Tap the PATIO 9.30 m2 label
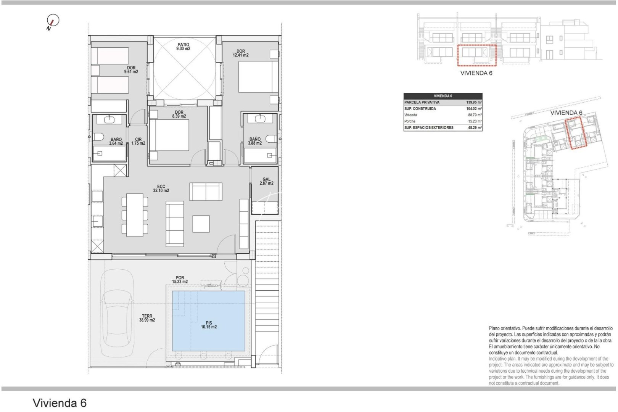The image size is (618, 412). (x=183, y=47)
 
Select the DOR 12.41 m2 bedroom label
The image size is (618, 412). (x=240, y=53)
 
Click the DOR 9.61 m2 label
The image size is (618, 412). (x=131, y=70)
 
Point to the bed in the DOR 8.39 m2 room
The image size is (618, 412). (x=169, y=135)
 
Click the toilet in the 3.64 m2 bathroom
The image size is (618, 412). (x=98, y=137)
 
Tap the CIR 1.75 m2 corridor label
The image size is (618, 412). (x=138, y=142)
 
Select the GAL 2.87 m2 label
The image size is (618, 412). (x=266, y=181)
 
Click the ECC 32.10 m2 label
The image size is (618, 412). (x=161, y=188)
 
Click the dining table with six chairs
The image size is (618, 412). (x=135, y=215)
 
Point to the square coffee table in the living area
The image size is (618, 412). (x=201, y=224)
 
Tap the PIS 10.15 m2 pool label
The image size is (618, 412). (x=209, y=325)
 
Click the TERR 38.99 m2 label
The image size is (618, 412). (x=147, y=318)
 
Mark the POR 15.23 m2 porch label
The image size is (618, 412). (x=180, y=280)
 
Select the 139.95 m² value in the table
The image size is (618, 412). (x=474, y=102)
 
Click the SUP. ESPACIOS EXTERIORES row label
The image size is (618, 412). (x=429, y=128)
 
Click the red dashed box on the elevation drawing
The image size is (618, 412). (x=476, y=55)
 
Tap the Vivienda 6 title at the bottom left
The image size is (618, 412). (x=60, y=403)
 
